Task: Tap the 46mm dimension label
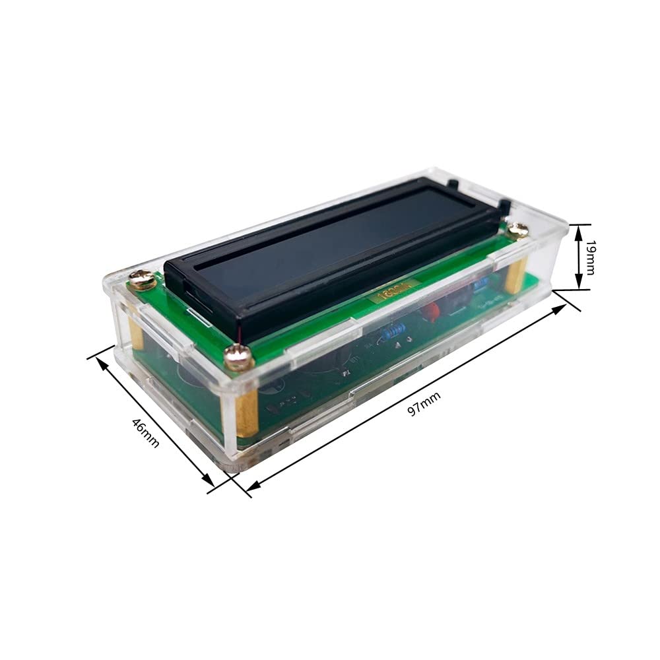point(145,432)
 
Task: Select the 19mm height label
point(590,257)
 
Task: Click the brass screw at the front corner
point(239,358)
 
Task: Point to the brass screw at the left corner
point(143,279)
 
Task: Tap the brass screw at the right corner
point(517,230)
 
